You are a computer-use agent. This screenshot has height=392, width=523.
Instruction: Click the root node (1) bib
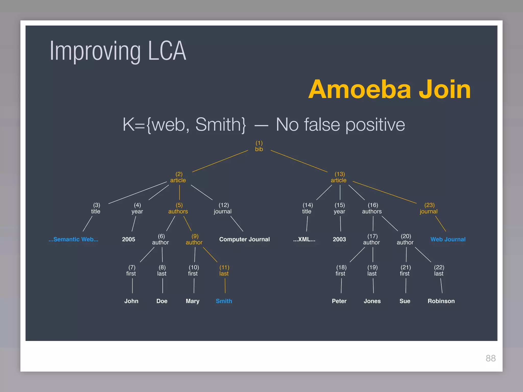(x=259, y=146)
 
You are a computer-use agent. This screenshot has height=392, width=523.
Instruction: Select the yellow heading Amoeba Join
(x=389, y=89)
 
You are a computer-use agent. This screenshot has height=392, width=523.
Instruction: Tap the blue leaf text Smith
(x=224, y=301)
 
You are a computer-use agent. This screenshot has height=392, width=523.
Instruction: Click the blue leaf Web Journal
(x=448, y=239)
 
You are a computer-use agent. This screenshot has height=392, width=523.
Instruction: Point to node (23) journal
(x=429, y=209)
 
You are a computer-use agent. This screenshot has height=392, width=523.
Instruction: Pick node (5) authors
(x=178, y=209)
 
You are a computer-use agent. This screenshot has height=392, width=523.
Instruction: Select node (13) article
(x=339, y=177)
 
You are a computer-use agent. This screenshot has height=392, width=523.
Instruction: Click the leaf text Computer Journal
(x=244, y=239)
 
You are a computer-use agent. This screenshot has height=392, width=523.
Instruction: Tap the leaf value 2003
(x=339, y=239)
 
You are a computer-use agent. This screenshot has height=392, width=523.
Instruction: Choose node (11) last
(x=224, y=271)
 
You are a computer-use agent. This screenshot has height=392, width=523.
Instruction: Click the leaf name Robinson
(x=441, y=301)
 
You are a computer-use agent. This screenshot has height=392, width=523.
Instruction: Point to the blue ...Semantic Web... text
(x=74, y=239)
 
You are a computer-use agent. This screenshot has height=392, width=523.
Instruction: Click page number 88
(x=491, y=358)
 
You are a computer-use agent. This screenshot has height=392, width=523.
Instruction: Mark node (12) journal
(x=223, y=209)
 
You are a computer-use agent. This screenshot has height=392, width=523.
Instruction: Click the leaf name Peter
(x=339, y=301)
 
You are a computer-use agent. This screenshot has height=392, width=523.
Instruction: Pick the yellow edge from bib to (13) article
(x=299, y=161)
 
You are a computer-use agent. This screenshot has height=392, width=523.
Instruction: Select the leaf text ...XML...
(x=304, y=239)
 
